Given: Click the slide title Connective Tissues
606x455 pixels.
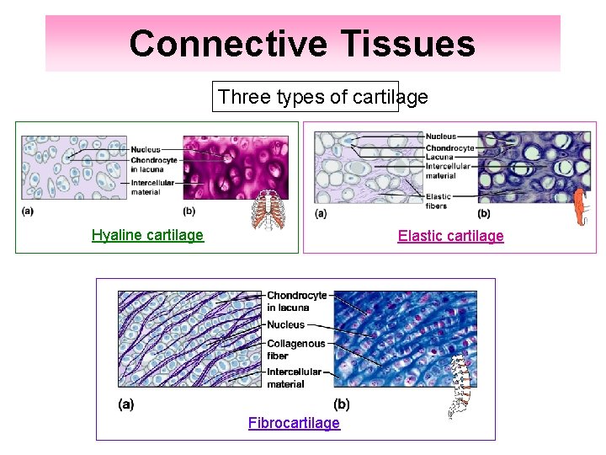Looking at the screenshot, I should (x=302, y=44).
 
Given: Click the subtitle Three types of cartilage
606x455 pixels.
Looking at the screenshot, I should (x=322, y=97).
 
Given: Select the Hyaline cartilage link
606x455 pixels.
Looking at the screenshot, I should (x=147, y=235).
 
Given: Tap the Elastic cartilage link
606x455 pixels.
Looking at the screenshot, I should (x=450, y=236).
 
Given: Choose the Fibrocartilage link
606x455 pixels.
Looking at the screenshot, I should (x=294, y=423).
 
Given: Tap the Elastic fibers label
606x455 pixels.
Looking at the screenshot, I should (x=439, y=201).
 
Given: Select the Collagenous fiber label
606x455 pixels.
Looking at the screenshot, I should (x=295, y=349).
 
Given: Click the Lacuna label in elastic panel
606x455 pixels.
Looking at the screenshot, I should (x=439, y=157).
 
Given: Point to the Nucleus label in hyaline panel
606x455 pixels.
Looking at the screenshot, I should (x=146, y=151).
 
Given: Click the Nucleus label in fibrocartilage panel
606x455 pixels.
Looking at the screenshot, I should (x=285, y=324).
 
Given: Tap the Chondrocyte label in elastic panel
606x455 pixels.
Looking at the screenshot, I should (x=449, y=147).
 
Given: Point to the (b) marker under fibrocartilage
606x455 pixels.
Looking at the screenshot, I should (x=342, y=404).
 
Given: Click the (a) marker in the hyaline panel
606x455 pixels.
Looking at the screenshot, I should (x=27, y=211).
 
